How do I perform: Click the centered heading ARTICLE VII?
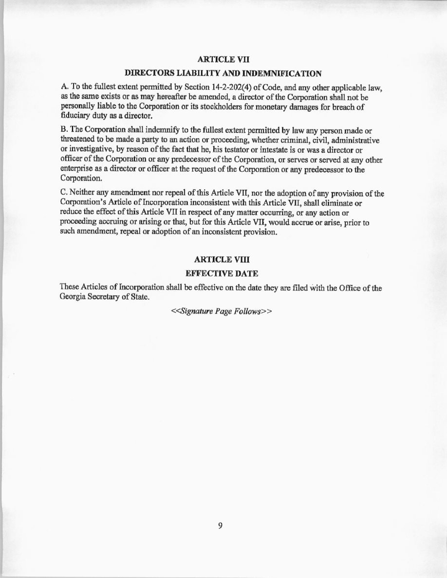click(223, 59)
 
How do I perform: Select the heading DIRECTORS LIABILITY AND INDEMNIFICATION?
click(223, 73)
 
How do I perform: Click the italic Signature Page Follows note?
click(221, 311)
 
